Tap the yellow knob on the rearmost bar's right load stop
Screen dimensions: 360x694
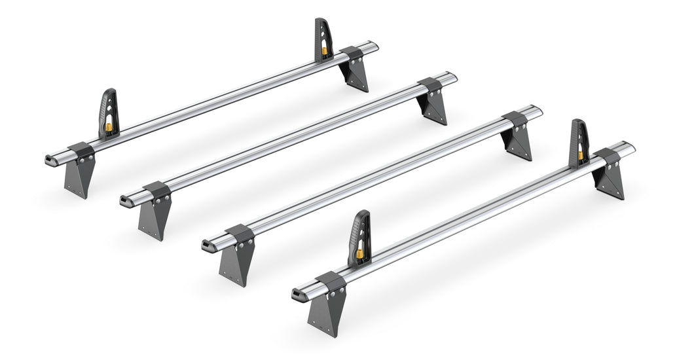324,50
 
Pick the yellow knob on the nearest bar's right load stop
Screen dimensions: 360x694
580,154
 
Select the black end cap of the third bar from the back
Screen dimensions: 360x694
208,245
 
